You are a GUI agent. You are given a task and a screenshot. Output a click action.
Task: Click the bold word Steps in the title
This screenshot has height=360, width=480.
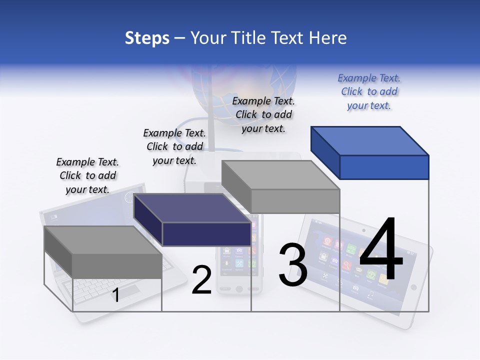(147, 38)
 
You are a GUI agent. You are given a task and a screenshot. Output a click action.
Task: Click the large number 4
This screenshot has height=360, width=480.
(381, 249)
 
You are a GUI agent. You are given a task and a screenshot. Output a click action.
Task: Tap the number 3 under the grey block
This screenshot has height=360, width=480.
(292, 265)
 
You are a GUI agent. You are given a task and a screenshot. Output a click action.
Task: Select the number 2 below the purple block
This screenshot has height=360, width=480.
(201, 280)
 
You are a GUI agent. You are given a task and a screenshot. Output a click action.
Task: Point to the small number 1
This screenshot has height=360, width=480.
(115, 295)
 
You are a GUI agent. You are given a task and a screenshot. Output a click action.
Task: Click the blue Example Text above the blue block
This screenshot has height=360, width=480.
(369, 92)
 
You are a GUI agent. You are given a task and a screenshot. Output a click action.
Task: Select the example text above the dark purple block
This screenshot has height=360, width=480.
(174, 146)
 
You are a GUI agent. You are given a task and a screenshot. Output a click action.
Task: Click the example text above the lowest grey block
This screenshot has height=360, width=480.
(87, 175)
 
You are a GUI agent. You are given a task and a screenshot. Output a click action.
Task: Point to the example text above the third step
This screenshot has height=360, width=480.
(263, 114)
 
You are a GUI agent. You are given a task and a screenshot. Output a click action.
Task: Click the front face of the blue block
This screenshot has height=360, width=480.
(384, 167)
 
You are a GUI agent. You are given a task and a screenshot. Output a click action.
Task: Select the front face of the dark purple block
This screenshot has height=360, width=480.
(206, 234)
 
